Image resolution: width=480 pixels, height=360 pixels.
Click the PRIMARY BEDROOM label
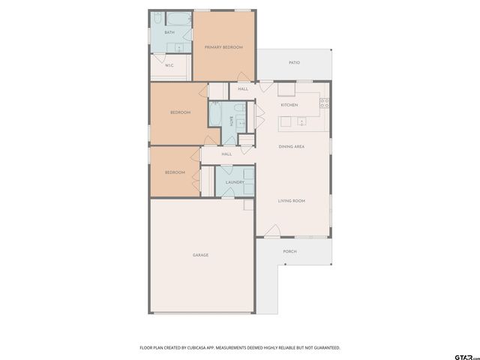[223, 47]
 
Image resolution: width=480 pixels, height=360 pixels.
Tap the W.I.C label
[169, 65]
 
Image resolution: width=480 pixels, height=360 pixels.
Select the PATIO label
[295, 62]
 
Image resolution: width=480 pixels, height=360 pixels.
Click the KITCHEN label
[289, 105]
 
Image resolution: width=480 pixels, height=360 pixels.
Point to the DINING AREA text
[291, 146]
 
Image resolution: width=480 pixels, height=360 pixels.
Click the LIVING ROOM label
[291, 200]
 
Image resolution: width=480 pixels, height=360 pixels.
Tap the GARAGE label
[200, 255]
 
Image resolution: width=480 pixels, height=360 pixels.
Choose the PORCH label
[289, 251]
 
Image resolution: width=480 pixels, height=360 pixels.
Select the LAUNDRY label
[234, 182]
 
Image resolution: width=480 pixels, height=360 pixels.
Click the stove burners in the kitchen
[325, 103]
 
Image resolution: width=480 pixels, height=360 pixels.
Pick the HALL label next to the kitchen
[243, 89]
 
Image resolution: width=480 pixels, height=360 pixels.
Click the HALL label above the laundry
[226, 154]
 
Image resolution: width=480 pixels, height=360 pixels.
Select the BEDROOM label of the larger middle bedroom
[180, 112]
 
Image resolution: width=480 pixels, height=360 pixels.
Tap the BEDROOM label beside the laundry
[175, 172]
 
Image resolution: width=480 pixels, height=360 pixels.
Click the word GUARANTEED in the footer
[324, 347]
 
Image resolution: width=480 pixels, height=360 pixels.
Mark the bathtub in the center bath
[215, 116]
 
